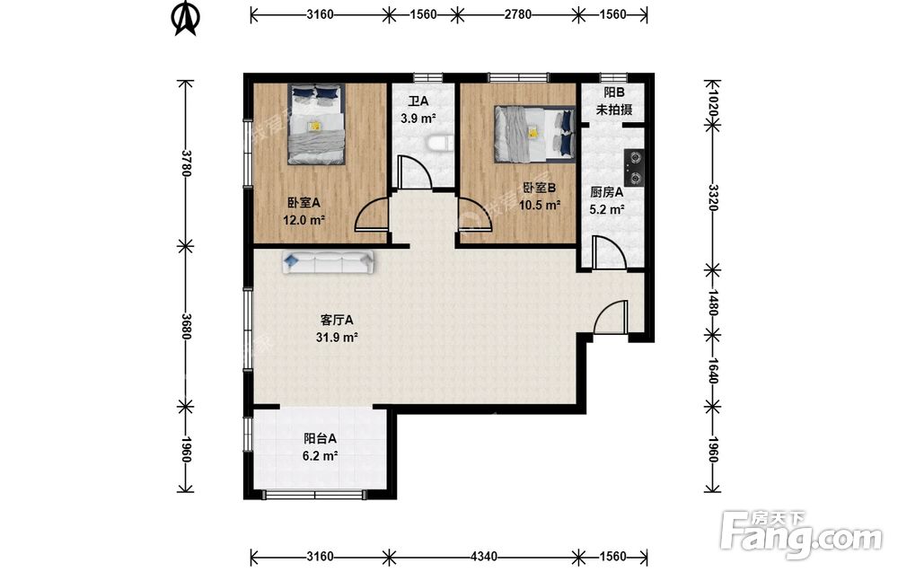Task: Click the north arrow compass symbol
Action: pos(186,18)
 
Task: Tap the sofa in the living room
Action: pos(328,262)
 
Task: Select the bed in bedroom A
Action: pos(317,124)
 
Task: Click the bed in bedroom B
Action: pos(535,134)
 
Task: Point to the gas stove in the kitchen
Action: pos(633,168)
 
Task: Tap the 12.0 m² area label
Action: pos(304,220)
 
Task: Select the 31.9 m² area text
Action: pos(337,338)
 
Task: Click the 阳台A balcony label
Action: pos(321,438)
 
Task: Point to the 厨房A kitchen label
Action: pos(606,192)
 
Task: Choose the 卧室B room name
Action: pos(540,188)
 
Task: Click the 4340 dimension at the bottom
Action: pos(484,557)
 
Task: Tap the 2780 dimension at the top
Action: pos(518,14)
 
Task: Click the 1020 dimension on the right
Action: pos(712,104)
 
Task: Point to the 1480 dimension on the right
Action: pos(712,302)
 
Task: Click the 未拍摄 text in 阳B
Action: pos(614,110)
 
